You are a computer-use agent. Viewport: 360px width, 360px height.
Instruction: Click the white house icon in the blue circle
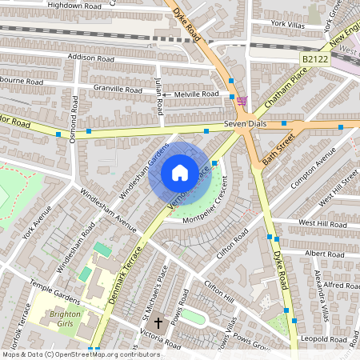[180, 173]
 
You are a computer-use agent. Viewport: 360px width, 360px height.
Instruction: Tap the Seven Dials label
[244, 125]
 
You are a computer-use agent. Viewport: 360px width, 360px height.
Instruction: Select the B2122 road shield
[315, 60]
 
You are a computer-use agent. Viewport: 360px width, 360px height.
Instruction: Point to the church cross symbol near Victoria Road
[158, 324]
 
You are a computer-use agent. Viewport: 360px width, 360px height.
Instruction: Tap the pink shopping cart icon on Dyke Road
[242, 100]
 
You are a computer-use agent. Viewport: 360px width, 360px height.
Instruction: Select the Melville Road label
[197, 94]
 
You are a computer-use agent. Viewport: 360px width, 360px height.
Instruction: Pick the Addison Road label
[93, 58]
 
